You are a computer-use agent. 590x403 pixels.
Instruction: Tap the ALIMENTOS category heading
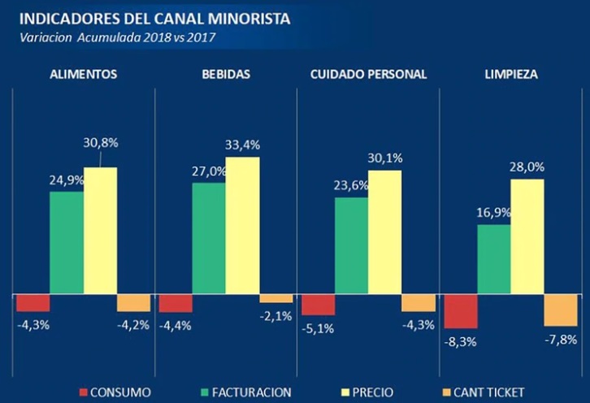(83, 74)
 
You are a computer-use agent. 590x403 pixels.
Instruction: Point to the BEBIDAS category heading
(225, 74)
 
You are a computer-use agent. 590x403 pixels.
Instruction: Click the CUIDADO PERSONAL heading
(368, 74)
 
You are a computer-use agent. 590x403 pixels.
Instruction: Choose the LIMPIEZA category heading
(510, 74)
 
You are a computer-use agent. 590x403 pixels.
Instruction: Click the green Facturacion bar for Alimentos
(67, 242)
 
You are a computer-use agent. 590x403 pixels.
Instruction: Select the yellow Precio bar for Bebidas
(243, 225)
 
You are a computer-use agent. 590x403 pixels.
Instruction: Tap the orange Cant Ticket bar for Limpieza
(560, 309)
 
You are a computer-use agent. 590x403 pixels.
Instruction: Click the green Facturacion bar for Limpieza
(493, 258)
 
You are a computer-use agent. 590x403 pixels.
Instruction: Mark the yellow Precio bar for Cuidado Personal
(385, 232)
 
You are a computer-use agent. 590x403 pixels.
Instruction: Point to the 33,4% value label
(243, 145)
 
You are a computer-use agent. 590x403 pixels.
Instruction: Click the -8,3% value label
(461, 342)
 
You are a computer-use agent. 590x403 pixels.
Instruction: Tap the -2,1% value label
(275, 316)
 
